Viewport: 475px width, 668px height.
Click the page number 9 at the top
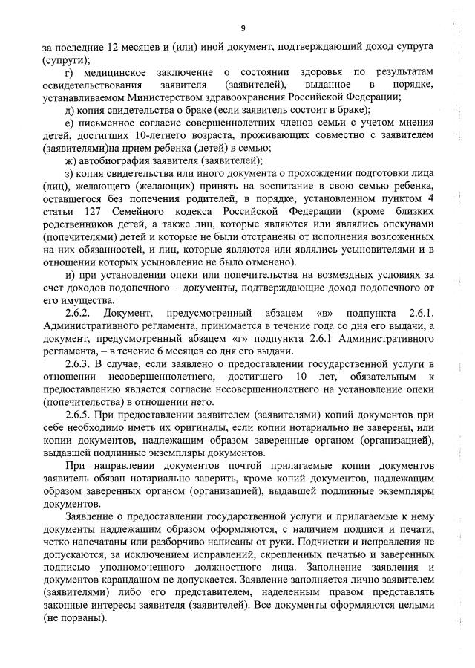tap(243, 28)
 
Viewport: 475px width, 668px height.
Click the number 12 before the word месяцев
tap(116, 47)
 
